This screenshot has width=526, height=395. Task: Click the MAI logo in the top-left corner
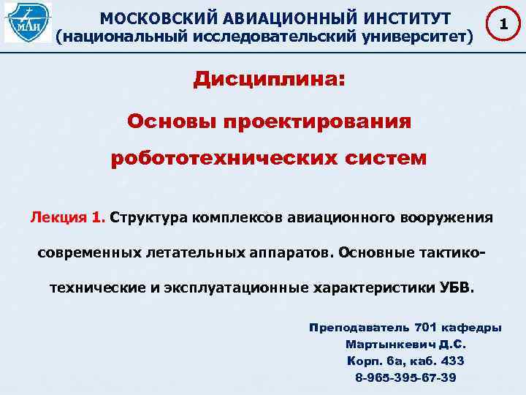pyautogui.click(x=28, y=22)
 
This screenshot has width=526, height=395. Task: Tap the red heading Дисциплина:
pyautogui.click(x=267, y=80)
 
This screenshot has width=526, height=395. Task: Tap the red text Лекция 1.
pyautogui.click(x=68, y=217)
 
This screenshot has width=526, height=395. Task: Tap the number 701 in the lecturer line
pyautogui.click(x=427, y=327)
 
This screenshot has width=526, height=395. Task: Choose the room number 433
pyautogui.click(x=452, y=361)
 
